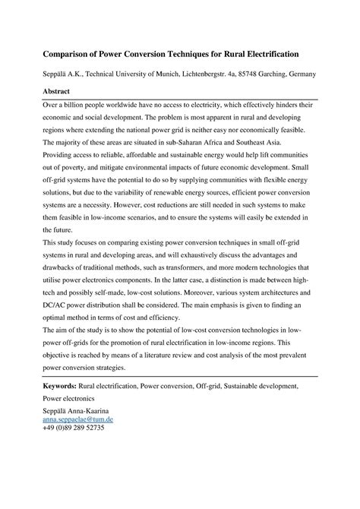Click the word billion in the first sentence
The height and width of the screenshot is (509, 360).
pyautogui.click(x=75, y=105)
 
